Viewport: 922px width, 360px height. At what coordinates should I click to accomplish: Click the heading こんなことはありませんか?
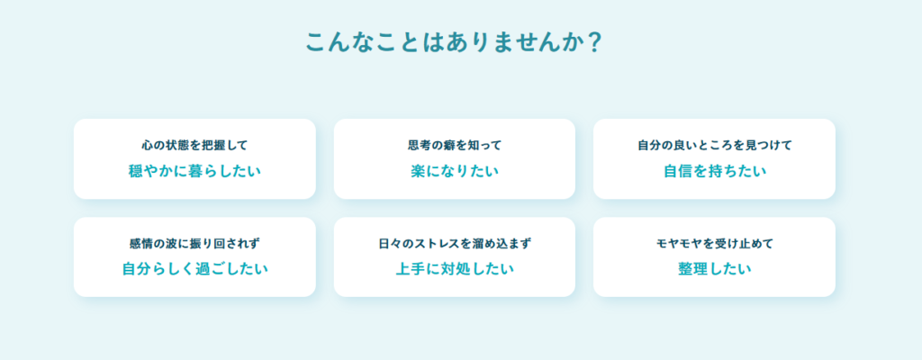tap(454, 42)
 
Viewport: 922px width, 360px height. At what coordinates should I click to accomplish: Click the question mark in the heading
tap(594, 42)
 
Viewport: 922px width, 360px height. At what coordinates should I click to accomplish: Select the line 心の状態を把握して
tap(194, 145)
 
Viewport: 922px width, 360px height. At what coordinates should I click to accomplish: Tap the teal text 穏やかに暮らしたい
tap(194, 171)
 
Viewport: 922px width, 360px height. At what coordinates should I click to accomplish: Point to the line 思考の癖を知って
tap(455, 145)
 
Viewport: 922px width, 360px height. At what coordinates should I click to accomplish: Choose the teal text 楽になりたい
tap(455, 171)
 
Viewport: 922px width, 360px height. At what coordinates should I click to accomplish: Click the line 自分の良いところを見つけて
tap(714, 145)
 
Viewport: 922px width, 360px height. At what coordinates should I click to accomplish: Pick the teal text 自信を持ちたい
tap(714, 171)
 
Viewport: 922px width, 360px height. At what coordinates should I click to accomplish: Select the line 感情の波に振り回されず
tap(194, 243)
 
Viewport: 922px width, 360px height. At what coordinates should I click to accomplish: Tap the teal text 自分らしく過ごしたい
tap(194, 269)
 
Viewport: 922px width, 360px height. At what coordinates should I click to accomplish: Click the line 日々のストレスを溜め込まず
tap(455, 243)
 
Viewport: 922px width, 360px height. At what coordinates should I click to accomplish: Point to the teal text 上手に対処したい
tap(455, 269)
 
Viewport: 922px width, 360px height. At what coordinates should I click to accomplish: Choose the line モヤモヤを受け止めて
tap(714, 243)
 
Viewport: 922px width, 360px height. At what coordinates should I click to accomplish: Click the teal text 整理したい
tap(714, 269)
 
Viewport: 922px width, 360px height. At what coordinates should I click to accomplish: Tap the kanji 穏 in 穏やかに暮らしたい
tap(137, 171)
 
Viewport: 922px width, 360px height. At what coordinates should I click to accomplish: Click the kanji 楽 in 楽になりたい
tap(418, 171)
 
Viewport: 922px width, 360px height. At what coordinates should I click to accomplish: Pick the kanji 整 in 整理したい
tap(685, 269)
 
